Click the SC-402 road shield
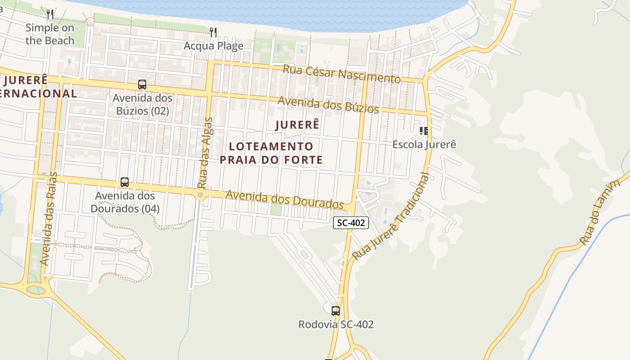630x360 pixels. [x=351, y=222]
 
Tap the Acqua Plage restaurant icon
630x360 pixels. [x=213, y=32]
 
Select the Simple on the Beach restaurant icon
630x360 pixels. [x=50, y=14]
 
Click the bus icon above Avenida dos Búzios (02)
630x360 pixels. [x=142, y=85]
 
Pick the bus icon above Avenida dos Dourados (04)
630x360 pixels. [x=125, y=182]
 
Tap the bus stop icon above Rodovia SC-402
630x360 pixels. [x=336, y=310]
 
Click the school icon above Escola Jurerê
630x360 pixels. [x=424, y=131]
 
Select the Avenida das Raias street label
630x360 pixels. [x=49, y=218]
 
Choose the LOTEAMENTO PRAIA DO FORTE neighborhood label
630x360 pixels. [x=271, y=153]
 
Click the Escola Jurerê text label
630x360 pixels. [x=424, y=144]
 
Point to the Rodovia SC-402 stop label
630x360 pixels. [x=336, y=324]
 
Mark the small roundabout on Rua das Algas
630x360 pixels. [x=200, y=195]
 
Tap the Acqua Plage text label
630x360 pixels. [x=213, y=46]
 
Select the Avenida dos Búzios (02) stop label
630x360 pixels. [x=142, y=104]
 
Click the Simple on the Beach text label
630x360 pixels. [x=50, y=34]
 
